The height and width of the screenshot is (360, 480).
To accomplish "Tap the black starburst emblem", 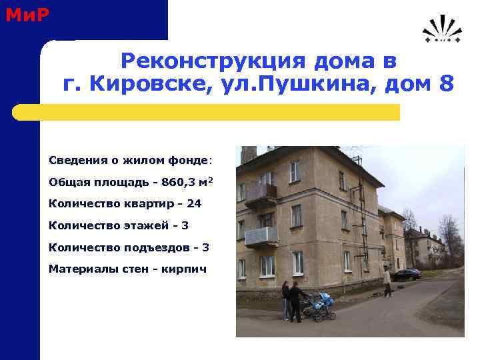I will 441,31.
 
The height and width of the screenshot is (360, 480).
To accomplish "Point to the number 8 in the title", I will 446,85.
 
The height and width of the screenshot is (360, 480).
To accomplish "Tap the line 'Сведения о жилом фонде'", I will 129,161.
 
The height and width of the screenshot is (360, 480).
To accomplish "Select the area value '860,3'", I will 179,182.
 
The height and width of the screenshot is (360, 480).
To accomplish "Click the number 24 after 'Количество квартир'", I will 194,203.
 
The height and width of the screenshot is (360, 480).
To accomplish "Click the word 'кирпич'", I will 184,269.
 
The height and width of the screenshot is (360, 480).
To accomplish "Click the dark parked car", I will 406,274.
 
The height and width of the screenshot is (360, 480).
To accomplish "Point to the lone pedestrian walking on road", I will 387,281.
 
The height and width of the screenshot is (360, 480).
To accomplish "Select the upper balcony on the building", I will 261,194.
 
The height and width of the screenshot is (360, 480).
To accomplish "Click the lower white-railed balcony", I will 261,235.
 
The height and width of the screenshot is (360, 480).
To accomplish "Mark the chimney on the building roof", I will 249,155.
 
